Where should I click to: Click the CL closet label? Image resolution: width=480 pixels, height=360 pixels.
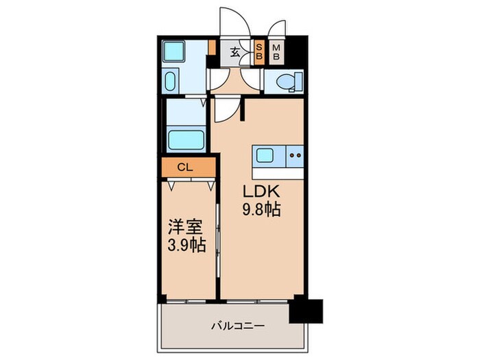coord(184,167)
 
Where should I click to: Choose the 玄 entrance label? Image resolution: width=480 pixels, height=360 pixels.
coord(235,51)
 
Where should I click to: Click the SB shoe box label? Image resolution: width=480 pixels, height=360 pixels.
coord(260,52)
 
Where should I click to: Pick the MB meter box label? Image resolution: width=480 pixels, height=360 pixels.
coord(277,52)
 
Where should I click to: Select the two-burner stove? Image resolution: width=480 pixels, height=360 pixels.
coord(295,156)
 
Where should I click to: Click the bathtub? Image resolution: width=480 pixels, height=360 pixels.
coord(185,140)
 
